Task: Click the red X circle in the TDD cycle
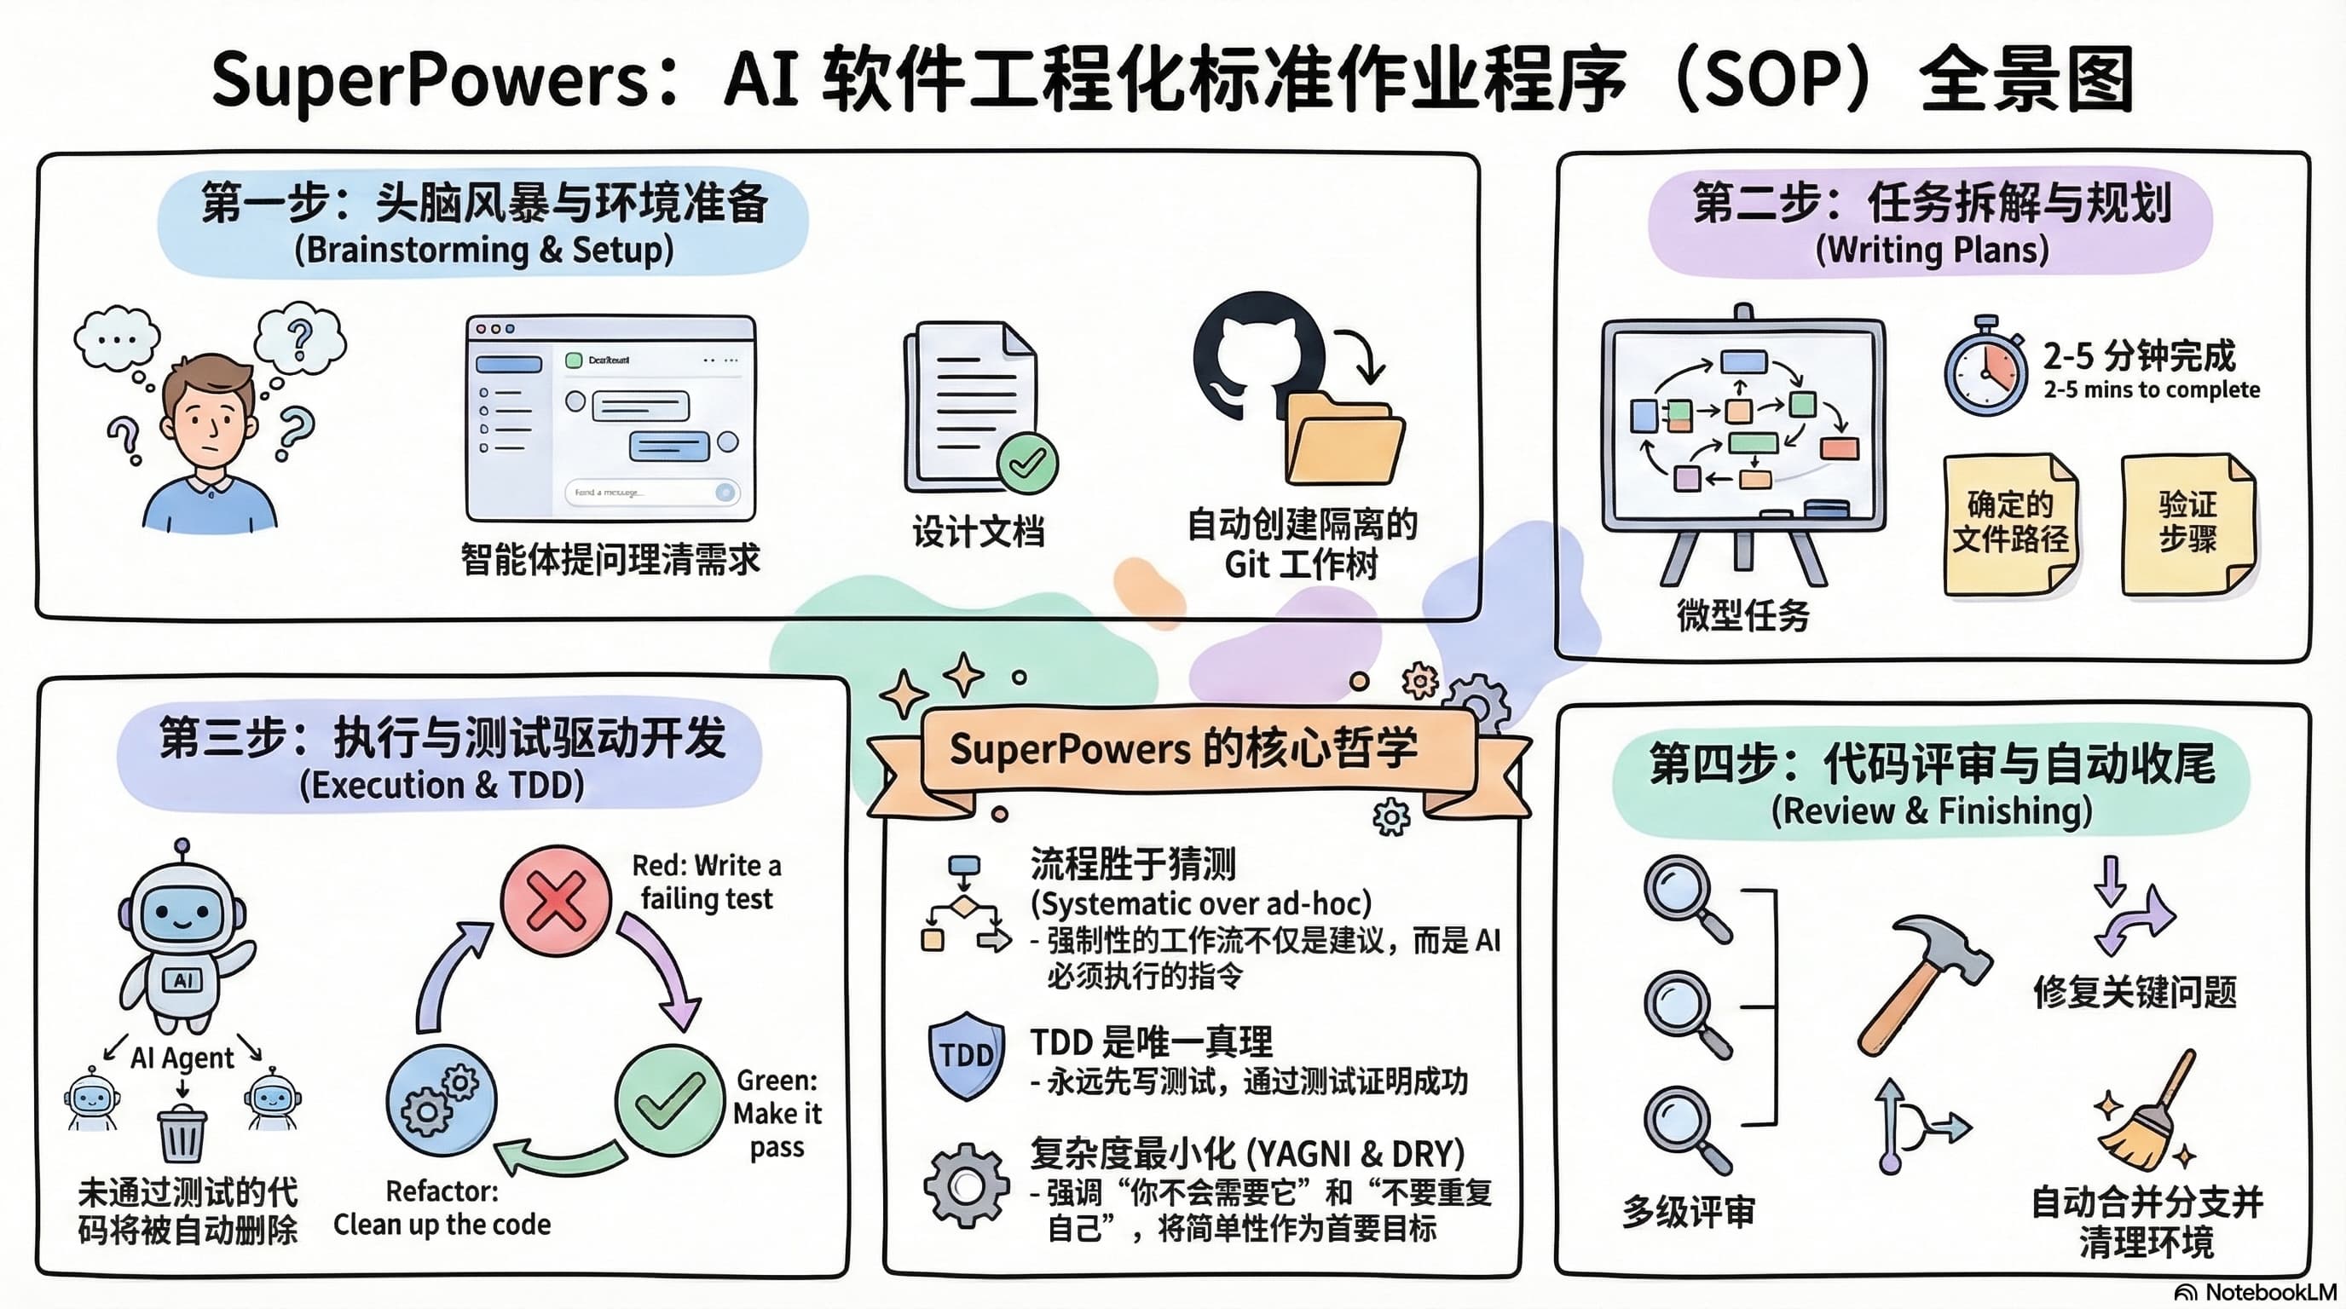click(556, 900)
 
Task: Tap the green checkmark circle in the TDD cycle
click(669, 1099)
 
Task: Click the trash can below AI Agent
click(182, 1133)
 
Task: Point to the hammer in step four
click(1921, 983)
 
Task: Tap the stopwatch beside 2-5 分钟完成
click(1985, 370)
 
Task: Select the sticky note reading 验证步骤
click(2187, 523)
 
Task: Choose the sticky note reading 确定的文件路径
click(2010, 523)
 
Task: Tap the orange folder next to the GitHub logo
click(1344, 441)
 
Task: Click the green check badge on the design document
click(1027, 463)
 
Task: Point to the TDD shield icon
click(966, 1054)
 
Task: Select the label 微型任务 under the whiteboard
click(1742, 615)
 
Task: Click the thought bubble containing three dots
click(117, 338)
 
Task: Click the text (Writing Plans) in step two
click(1932, 250)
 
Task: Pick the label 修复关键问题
click(2134, 991)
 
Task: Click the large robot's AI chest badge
click(182, 980)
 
